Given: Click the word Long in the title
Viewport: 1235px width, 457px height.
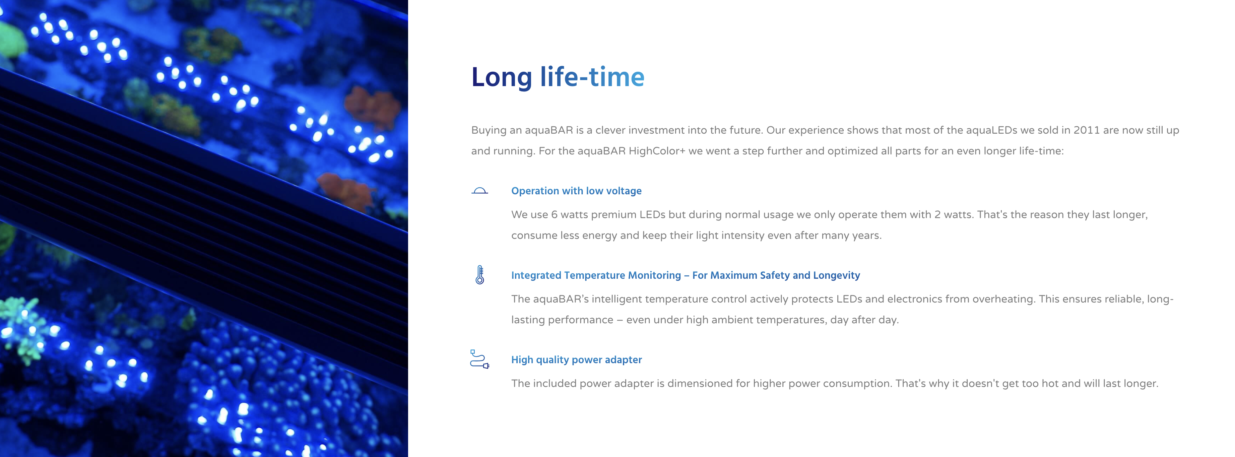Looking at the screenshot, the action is pos(502,78).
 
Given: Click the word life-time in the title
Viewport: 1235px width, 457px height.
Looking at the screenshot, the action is pos(592,77).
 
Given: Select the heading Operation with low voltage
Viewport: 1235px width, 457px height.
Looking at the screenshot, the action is pos(576,191).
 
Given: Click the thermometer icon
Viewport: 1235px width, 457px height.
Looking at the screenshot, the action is pos(479,275).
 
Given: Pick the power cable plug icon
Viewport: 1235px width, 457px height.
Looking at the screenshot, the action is pos(479,359).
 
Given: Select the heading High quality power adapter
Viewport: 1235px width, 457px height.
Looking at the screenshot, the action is pos(576,360).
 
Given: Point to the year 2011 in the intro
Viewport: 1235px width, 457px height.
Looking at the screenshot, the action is pos(1086,130).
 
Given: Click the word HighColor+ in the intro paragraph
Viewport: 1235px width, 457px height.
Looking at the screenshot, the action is pos(657,151).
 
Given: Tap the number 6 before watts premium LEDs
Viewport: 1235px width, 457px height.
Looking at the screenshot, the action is pos(554,214).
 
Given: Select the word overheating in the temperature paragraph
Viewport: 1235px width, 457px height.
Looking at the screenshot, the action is pos(1004,299).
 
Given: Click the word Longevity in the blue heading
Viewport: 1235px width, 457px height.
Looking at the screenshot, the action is pos(837,275).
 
